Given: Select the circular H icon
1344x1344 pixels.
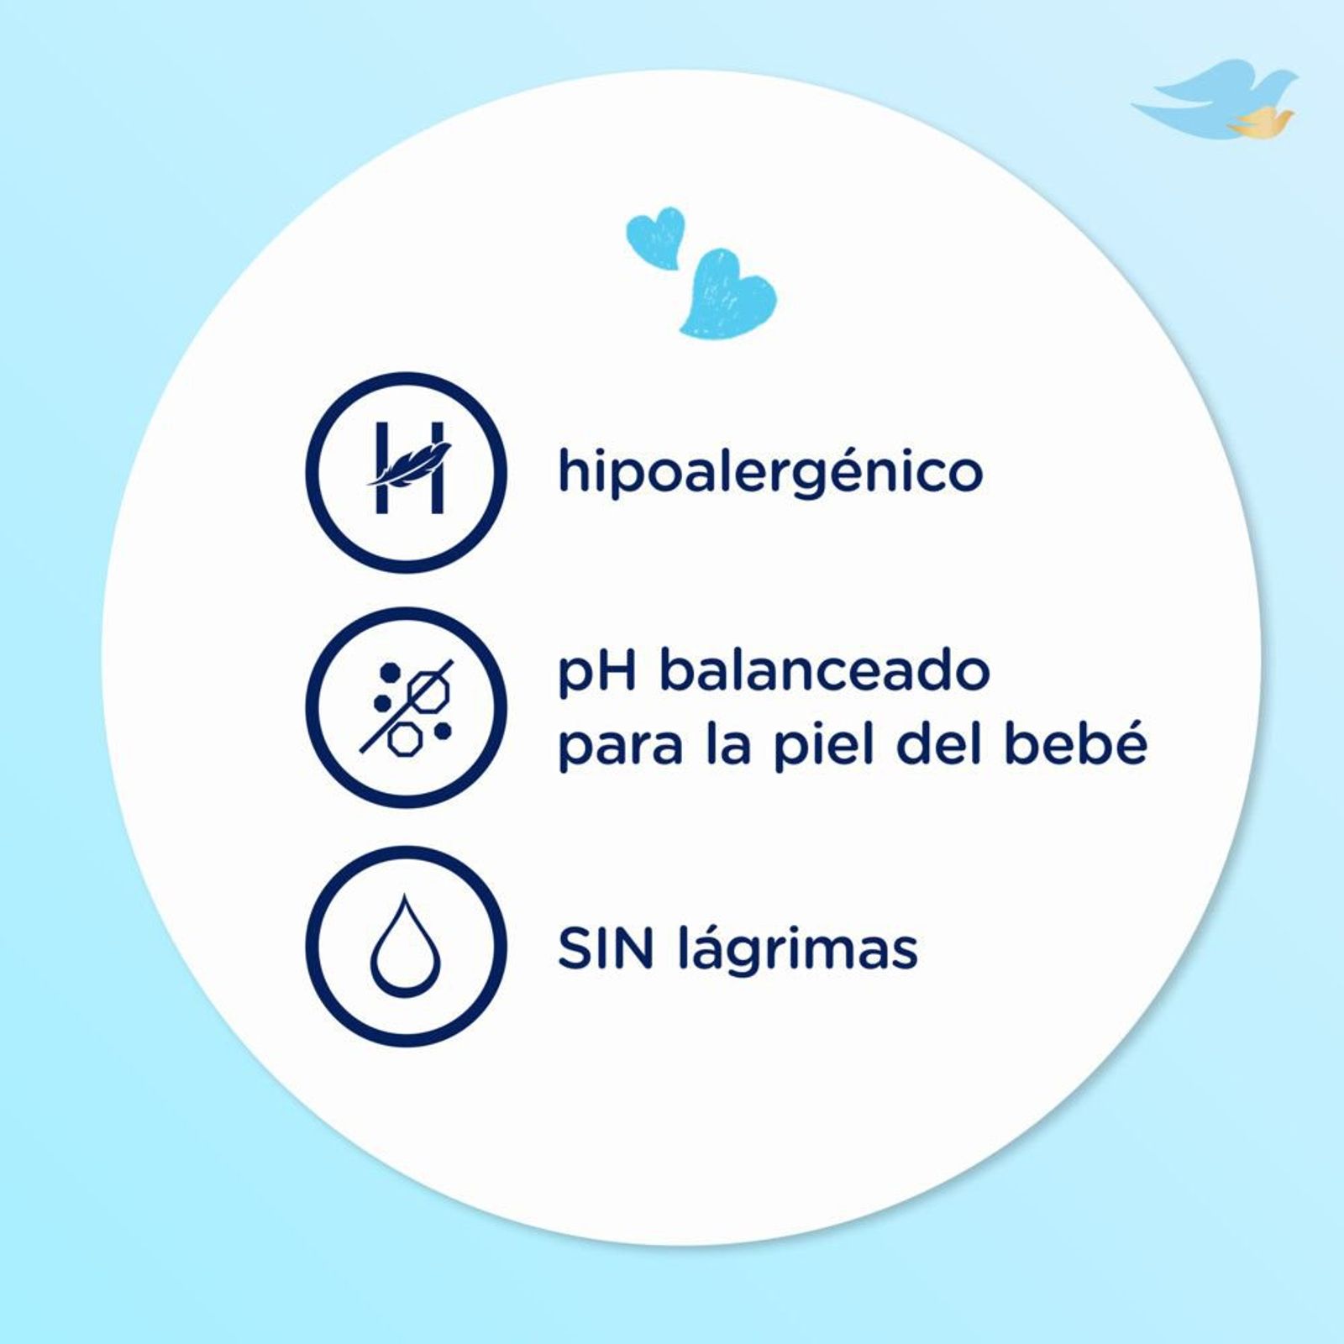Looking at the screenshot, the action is pyautogui.click(x=407, y=473).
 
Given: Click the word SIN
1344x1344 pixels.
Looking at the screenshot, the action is pyautogui.click(x=606, y=948).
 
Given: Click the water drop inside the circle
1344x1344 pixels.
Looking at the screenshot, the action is pyautogui.click(x=406, y=944).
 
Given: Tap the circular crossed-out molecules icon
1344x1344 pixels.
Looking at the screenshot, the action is pyautogui.click(x=407, y=708).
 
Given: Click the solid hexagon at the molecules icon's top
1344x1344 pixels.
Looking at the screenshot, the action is pyautogui.click(x=391, y=672).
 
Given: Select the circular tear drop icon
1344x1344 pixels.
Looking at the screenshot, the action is pyautogui.click(x=407, y=947).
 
